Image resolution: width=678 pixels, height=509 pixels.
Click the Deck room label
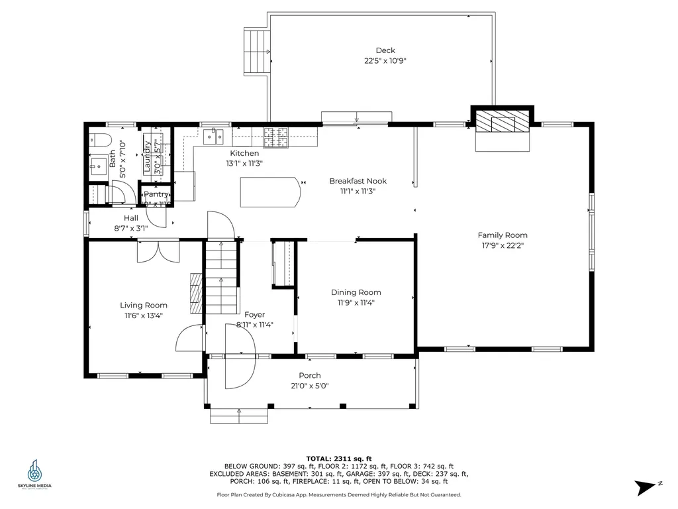385,50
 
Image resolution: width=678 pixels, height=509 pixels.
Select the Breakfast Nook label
358,181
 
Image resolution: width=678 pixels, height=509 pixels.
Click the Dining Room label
356,292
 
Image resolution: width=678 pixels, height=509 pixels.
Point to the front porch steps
239,415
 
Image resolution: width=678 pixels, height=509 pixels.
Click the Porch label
309,376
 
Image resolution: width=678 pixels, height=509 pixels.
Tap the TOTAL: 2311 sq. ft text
338,458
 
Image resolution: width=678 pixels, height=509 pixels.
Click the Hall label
130,218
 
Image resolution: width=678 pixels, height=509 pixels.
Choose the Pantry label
156,195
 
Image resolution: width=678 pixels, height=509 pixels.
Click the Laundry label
148,158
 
